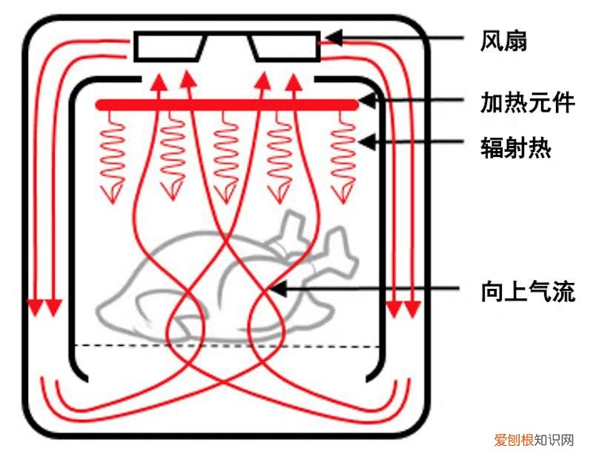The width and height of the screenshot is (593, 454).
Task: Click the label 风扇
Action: [x=503, y=41]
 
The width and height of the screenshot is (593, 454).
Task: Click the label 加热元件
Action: [x=527, y=103]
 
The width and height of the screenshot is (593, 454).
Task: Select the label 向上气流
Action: [x=527, y=292]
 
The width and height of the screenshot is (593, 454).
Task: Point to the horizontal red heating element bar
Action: [x=227, y=105]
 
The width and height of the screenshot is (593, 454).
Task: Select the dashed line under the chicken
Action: [x=227, y=346]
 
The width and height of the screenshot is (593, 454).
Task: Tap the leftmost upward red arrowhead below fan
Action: [x=157, y=82]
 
